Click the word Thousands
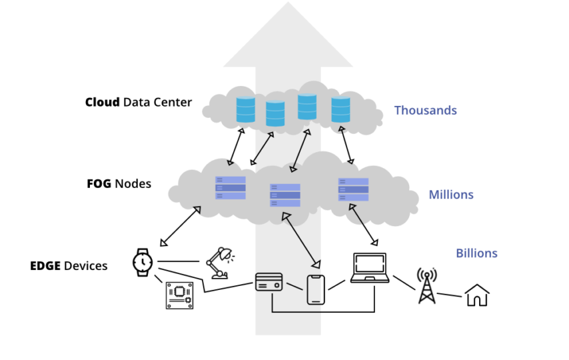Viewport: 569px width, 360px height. tap(425, 110)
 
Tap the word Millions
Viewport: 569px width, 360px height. tap(451, 195)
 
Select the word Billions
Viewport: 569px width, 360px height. tap(476, 253)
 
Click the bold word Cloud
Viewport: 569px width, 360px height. tap(103, 102)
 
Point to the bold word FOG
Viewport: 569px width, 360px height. tap(99, 184)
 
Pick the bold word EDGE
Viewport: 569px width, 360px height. tap(45, 266)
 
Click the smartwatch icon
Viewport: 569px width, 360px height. tap(143, 263)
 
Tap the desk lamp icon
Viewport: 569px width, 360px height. tap(220, 263)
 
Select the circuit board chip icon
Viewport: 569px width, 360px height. tap(180, 296)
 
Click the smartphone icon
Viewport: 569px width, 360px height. tap(316, 289)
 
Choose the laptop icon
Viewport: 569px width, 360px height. tap(370, 268)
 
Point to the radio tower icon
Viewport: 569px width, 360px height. tap(426, 286)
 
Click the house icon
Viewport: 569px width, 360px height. tap(477, 295)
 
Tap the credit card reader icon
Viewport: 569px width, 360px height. tap(269, 282)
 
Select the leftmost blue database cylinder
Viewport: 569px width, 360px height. tap(246, 109)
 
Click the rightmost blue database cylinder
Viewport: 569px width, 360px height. tap(340, 109)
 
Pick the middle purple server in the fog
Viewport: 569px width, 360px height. tap(285, 195)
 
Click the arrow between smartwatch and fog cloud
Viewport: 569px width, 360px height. tap(181, 226)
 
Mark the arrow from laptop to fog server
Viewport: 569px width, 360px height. tap(364, 225)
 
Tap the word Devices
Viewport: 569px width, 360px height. tap(86, 266)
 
